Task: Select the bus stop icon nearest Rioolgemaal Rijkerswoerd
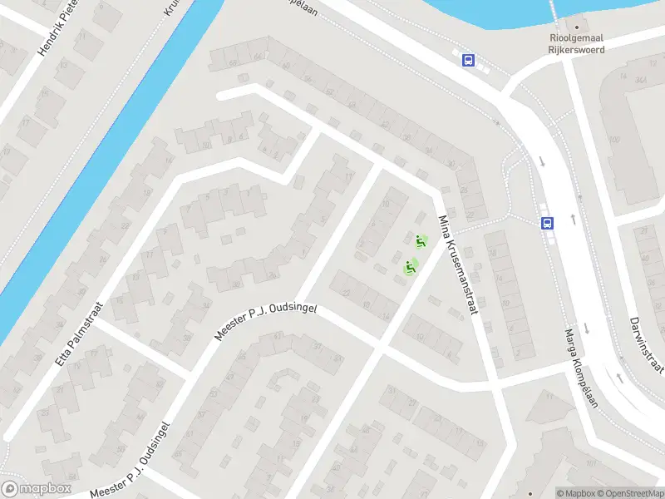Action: pyautogui.click(x=469, y=60)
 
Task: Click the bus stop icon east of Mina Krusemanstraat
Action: pyautogui.click(x=548, y=223)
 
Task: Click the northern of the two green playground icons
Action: pyautogui.click(x=421, y=242)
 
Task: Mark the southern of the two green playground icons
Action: pyautogui.click(x=410, y=267)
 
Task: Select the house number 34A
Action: pyautogui.click(x=640, y=80)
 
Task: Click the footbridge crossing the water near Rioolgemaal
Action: pyautogui.click(x=553, y=12)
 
